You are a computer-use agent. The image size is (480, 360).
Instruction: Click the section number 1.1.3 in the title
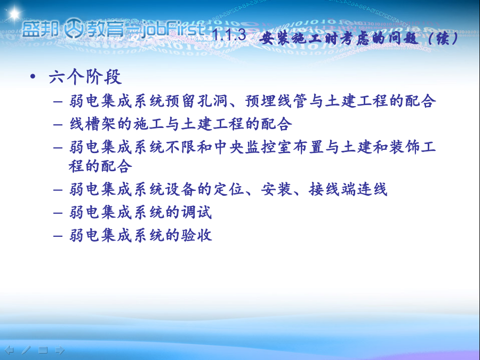pos(229,34)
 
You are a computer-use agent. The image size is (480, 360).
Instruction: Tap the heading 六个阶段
pos(85,76)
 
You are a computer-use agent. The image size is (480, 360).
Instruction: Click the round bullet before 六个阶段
pos(33,76)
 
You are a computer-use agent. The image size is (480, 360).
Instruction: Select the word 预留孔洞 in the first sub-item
pos(196,101)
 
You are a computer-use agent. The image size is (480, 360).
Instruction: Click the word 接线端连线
pos(348,189)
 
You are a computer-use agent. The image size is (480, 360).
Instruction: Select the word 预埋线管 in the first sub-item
pos(276,101)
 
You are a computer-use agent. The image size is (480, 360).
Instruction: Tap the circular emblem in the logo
pos(74,28)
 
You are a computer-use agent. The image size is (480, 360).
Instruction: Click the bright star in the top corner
pos(14,13)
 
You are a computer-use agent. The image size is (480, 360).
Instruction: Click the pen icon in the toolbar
pos(26,350)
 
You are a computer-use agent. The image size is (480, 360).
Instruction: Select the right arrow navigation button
pos(60,350)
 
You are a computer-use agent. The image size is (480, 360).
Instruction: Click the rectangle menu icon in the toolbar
pos(43,350)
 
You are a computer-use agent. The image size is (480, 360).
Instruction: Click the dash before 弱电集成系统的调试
pos(58,213)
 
